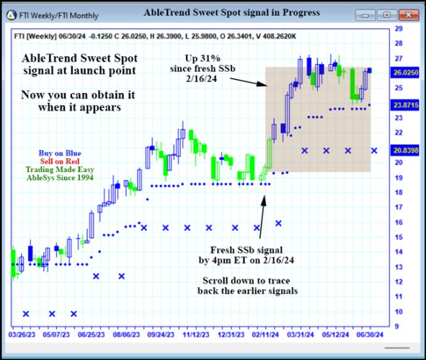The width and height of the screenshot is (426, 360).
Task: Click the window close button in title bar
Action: tap(409, 14)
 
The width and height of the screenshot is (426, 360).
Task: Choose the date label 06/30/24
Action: tap(370, 334)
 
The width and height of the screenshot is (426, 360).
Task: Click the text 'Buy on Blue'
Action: tap(60, 153)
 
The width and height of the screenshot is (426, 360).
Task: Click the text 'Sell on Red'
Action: tap(60, 161)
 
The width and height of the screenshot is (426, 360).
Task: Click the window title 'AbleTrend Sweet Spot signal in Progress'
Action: tap(231, 13)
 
